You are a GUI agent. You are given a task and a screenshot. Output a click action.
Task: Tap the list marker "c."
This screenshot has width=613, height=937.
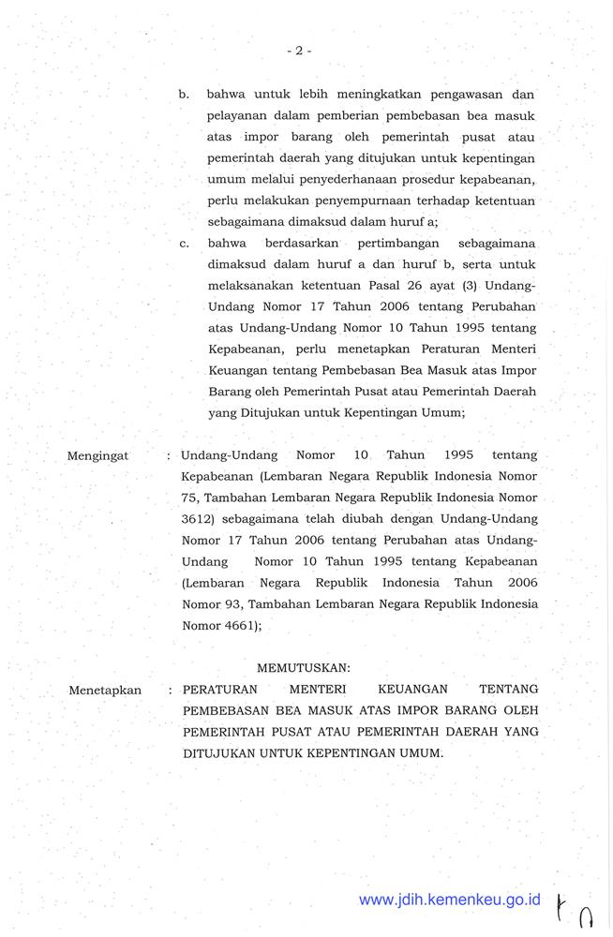186,245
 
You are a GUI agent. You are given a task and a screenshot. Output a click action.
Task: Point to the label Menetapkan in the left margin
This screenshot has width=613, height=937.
105,691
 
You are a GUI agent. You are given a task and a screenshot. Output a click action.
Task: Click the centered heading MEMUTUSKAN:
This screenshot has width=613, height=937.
302,667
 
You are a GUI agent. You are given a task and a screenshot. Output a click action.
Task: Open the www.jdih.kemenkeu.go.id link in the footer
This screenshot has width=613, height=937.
450,899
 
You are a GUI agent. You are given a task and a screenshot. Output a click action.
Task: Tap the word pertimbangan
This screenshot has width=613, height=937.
370,245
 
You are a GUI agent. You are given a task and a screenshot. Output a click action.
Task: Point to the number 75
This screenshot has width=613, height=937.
190,496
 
